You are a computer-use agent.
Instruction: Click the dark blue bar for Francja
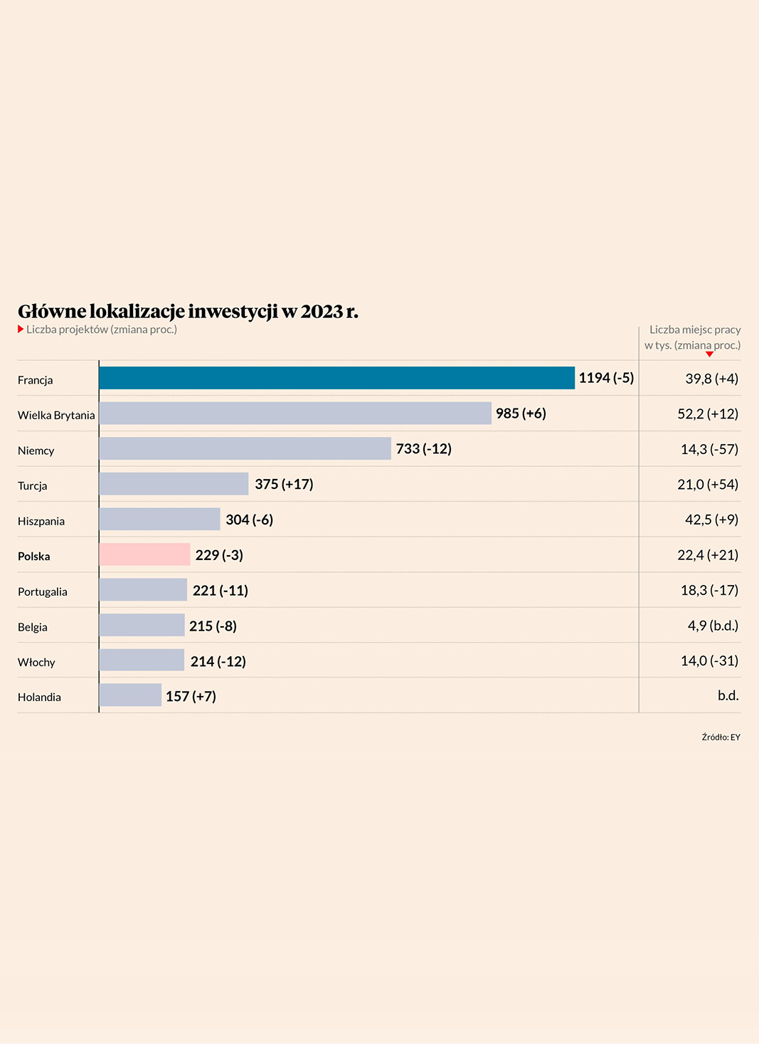[336, 378]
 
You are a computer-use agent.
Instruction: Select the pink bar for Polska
[144, 554]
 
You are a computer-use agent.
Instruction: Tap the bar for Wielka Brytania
[295, 413]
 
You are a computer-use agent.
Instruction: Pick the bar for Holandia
[130, 695]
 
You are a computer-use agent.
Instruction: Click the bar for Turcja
[174, 484]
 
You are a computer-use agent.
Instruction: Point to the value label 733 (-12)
[423, 449]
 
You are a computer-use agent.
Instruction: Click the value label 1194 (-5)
[606, 378]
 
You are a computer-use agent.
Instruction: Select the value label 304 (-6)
[249, 520]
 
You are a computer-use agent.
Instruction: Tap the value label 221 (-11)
[221, 591]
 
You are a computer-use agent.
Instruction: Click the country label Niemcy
[36, 450]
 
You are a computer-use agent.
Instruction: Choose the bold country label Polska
[34, 557]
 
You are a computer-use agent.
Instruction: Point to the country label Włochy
[36, 663]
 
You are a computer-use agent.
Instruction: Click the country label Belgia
[33, 627]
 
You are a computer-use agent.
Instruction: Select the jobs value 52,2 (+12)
[708, 414]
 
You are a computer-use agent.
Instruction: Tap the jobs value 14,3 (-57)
[709, 449]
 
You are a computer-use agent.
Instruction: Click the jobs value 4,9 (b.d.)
[713, 626]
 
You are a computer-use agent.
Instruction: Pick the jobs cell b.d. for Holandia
[728, 695]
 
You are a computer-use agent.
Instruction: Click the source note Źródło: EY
[721, 737]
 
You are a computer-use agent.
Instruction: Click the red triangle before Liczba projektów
[21, 329]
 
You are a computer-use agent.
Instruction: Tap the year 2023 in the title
[322, 312]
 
